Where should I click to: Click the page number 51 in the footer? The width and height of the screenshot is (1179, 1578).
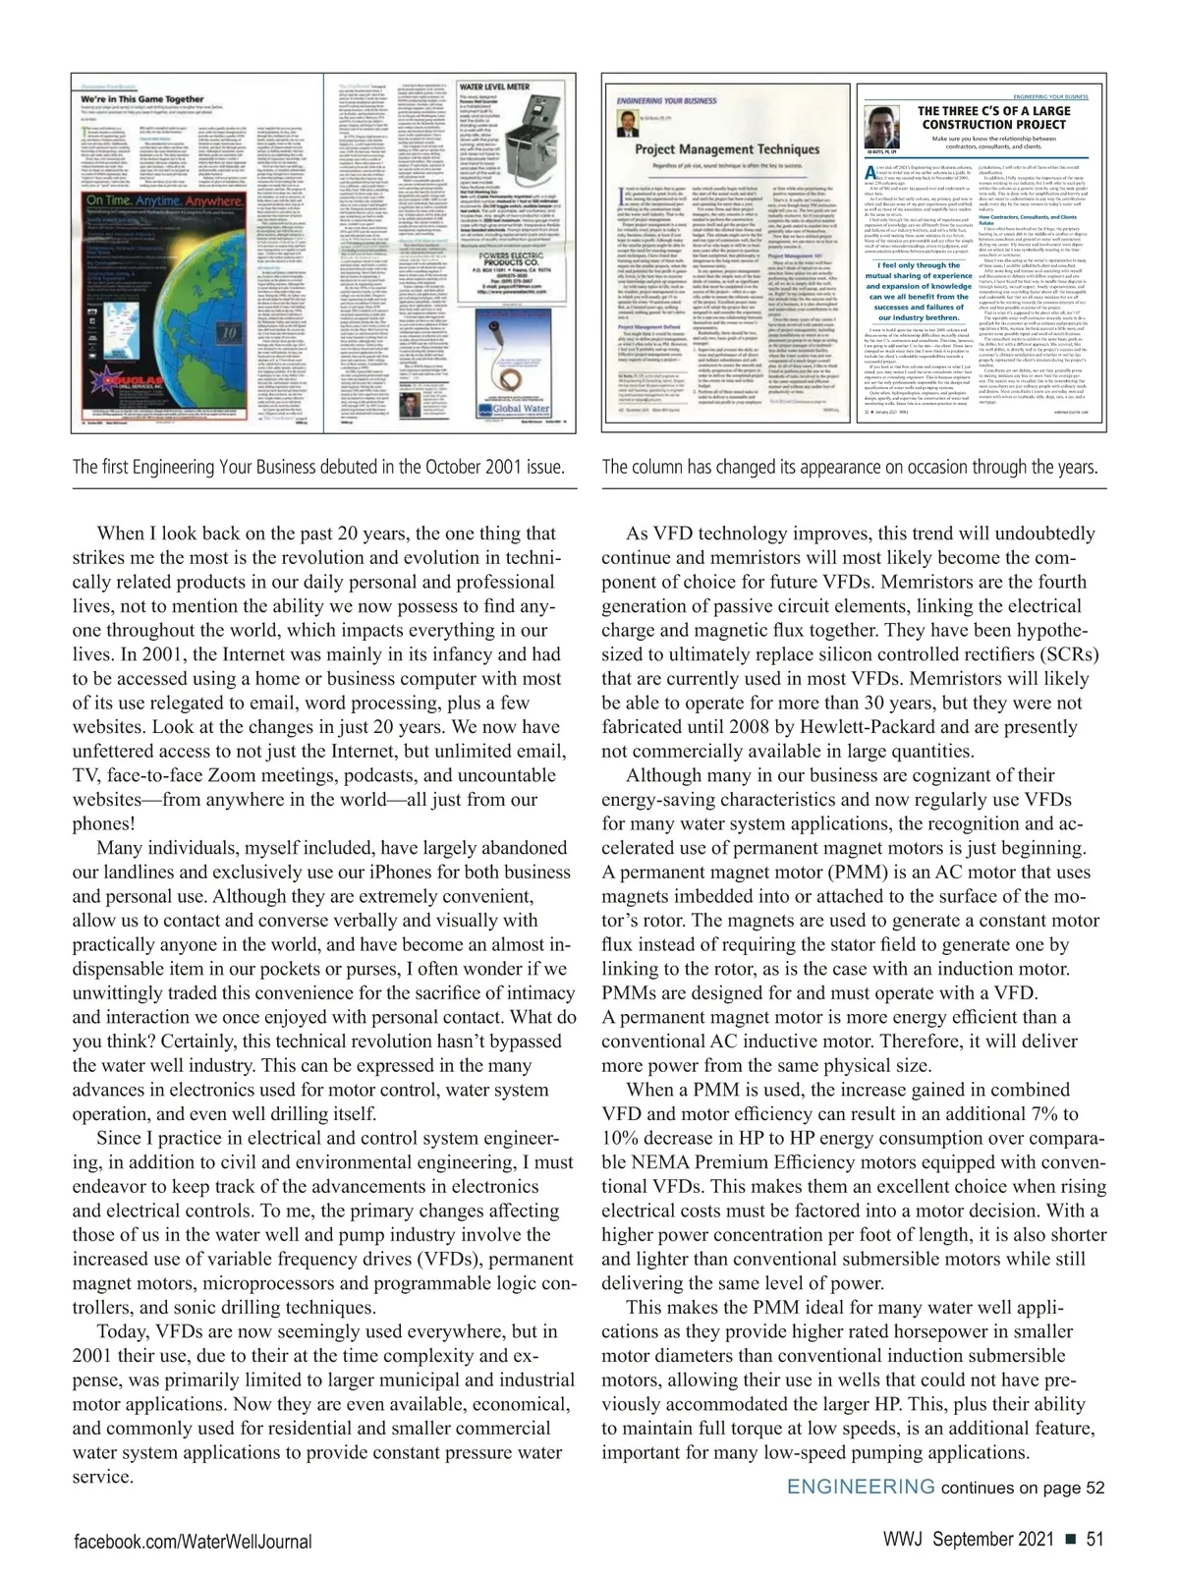click(x=1095, y=1540)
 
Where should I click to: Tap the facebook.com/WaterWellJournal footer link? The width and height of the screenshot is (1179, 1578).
click(x=194, y=1542)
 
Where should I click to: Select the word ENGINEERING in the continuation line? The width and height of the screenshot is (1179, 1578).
click(x=861, y=1486)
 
